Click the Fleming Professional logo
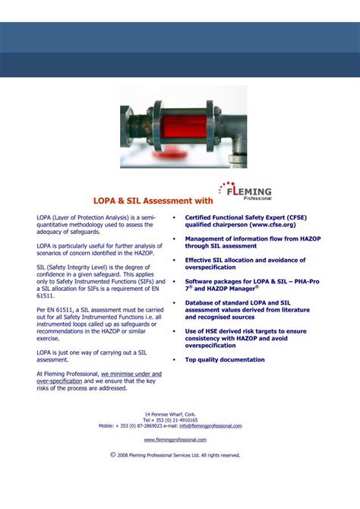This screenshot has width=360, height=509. [245, 193]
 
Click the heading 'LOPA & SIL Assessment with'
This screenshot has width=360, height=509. [153, 202]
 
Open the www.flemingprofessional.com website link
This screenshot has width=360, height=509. [175, 439]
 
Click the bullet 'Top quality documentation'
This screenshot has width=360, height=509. [225, 359]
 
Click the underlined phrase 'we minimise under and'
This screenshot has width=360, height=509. [131, 375]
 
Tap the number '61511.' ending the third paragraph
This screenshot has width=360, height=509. [46, 296]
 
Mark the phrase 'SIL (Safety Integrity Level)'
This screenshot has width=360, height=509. [71, 267]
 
